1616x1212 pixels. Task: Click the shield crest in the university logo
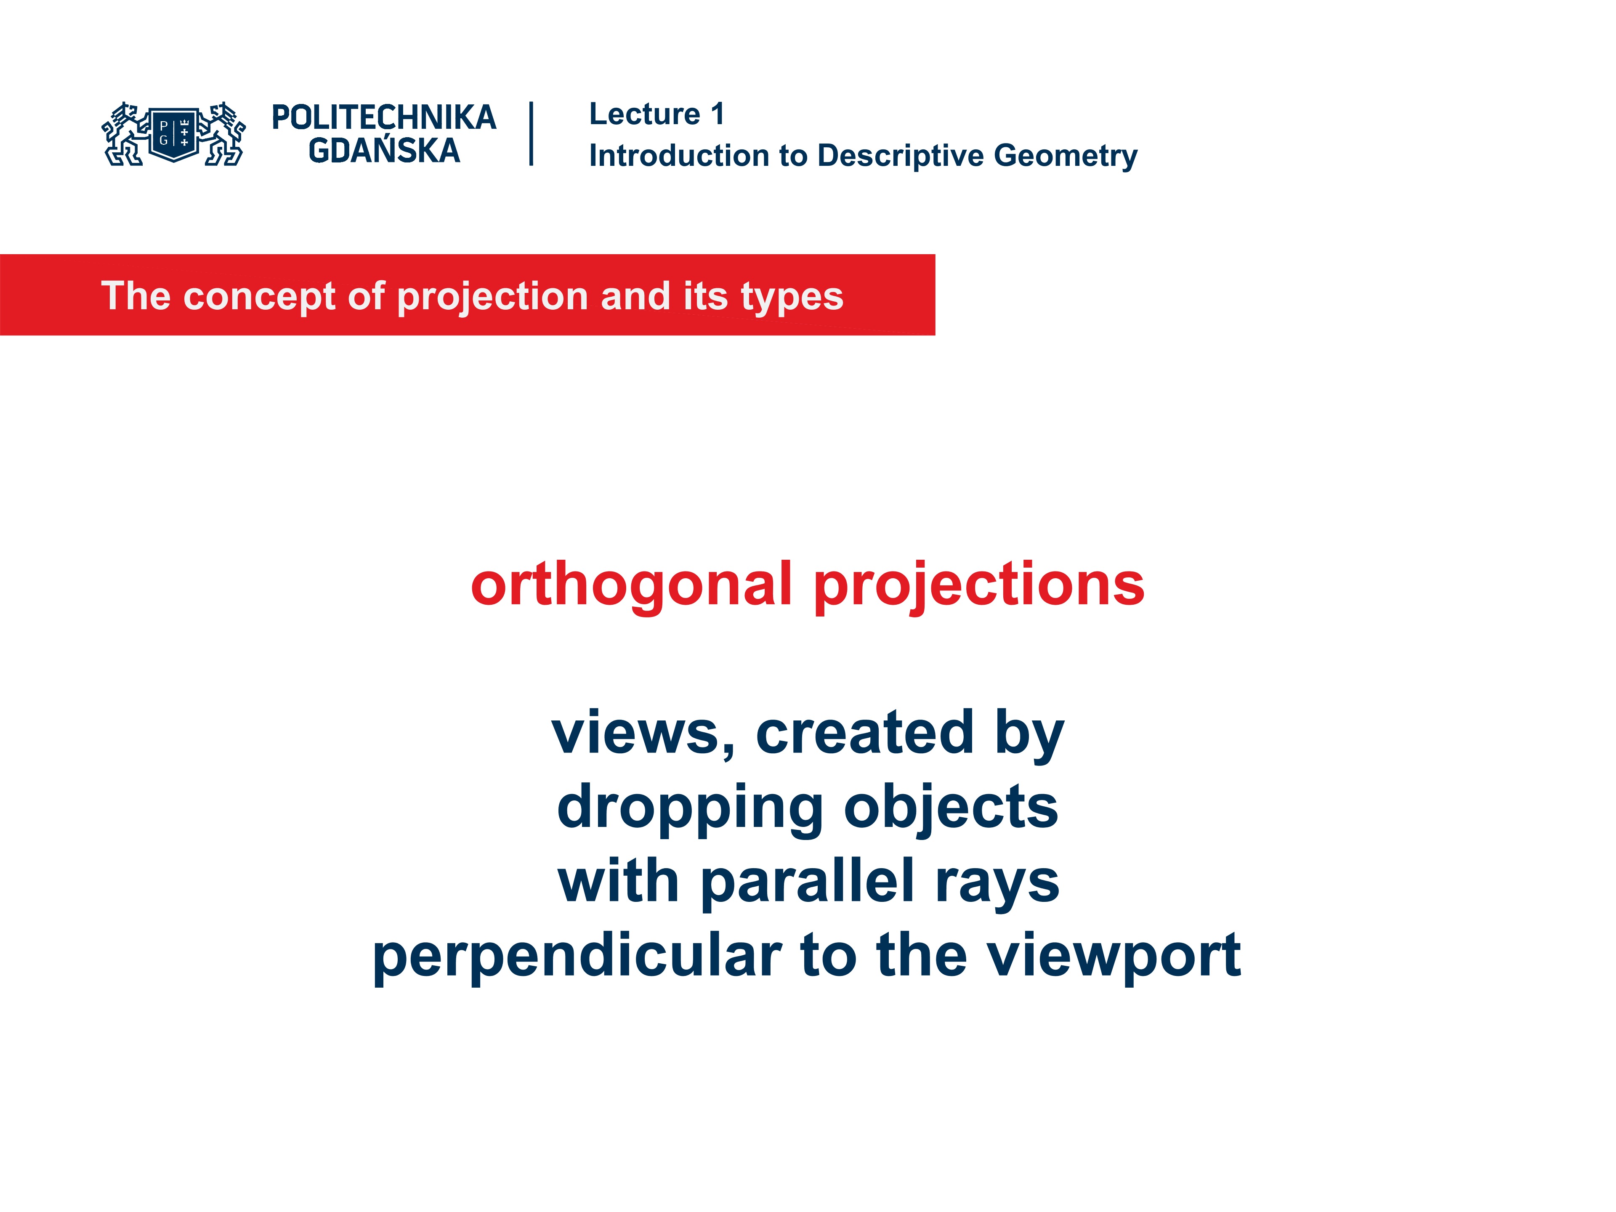tap(174, 134)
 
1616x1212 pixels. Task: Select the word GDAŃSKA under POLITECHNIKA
tap(384, 151)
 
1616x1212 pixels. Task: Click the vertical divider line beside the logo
tap(531, 134)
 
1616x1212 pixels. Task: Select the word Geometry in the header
tap(1065, 156)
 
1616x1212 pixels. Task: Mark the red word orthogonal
tap(631, 585)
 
